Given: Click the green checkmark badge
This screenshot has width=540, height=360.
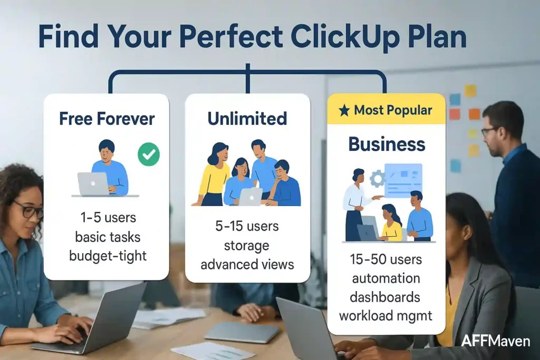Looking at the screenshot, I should point(149,155).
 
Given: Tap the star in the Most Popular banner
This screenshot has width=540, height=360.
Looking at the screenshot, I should point(344,110).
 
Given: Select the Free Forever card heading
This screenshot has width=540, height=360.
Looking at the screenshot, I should point(106,119).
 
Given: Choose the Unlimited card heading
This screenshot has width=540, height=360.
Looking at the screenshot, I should point(247,119).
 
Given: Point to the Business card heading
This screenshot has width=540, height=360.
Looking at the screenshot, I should point(387,144).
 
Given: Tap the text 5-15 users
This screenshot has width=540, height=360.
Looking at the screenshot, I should point(247,227).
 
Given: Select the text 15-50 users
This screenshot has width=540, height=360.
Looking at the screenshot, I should point(387,259).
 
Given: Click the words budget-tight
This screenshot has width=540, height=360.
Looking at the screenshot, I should point(108,256).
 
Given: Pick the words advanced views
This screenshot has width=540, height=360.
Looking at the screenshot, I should point(247,264).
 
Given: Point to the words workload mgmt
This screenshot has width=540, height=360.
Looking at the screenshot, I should point(387,316).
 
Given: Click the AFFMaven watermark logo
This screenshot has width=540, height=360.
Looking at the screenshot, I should point(495,341).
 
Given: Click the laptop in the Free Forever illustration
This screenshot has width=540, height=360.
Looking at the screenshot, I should point(93,184).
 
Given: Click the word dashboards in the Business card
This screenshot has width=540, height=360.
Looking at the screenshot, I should point(387,297).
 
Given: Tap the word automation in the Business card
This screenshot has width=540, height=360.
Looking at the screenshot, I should point(387,278).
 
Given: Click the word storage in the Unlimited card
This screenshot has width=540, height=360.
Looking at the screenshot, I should point(247,246).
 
